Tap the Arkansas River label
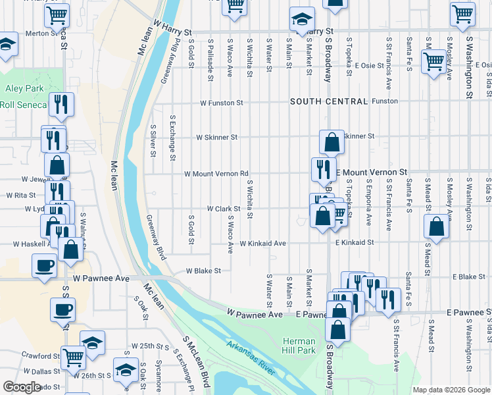point(250,357)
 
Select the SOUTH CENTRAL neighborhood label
point(329,101)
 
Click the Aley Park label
point(24,88)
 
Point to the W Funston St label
point(222,103)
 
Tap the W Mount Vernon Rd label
point(216,174)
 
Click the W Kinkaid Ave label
point(262,244)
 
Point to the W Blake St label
point(203,271)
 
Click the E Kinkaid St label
point(354,243)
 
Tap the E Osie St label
point(369,65)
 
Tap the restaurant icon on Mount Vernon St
point(323,168)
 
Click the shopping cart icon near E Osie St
point(434,62)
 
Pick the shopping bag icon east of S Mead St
point(437,226)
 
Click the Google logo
point(22,387)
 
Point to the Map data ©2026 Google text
point(451,390)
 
